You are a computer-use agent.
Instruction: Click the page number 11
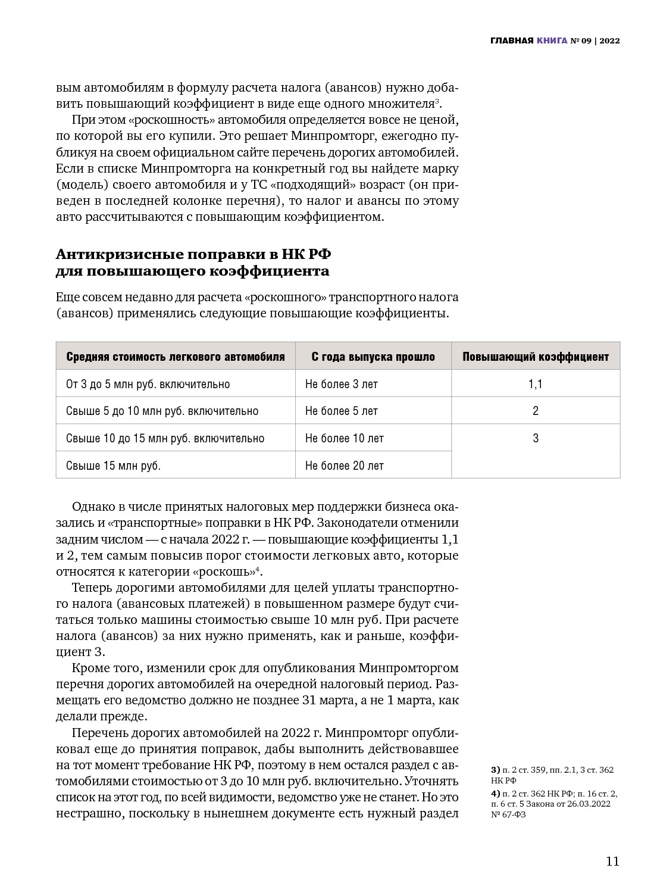point(612,861)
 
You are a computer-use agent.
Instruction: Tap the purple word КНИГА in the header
point(551,41)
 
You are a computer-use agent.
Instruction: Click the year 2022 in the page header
point(609,41)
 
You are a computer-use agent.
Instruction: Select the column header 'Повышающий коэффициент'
point(536,357)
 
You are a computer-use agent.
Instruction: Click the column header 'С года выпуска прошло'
point(373,357)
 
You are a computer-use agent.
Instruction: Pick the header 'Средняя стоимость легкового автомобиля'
point(176,357)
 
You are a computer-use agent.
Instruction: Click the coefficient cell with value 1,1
point(536,384)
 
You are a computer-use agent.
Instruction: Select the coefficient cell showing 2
point(536,411)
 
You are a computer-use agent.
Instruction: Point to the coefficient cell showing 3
point(536,438)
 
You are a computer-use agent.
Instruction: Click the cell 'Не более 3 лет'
point(342,384)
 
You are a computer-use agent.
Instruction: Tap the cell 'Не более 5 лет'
point(342,411)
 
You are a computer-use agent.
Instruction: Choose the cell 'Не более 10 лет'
point(345,438)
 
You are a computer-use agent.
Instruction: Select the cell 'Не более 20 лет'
point(345,466)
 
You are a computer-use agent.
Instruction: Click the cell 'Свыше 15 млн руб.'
point(114,466)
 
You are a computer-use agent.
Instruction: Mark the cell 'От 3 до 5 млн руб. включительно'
point(148,384)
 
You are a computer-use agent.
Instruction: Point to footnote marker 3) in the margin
point(495,770)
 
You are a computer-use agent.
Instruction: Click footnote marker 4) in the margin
point(495,793)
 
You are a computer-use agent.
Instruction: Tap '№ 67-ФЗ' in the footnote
point(508,814)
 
